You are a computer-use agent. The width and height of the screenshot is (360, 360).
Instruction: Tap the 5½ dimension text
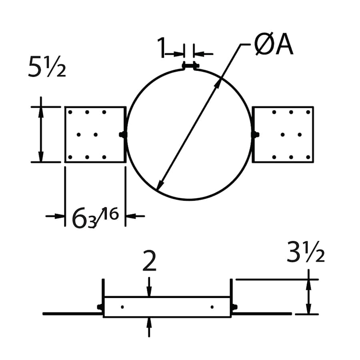(47, 66)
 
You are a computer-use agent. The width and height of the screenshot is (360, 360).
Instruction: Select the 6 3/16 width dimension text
(95, 218)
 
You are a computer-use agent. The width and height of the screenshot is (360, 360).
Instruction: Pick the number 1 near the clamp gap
(162, 47)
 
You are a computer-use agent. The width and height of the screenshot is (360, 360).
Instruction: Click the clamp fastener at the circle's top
(190, 66)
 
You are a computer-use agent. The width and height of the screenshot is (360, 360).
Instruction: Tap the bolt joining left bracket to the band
(123, 135)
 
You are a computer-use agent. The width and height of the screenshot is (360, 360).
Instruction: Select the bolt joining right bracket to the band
(255, 135)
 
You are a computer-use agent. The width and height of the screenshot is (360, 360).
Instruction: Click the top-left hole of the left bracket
(70, 112)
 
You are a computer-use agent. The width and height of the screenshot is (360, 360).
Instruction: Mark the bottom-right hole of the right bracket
(308, 157)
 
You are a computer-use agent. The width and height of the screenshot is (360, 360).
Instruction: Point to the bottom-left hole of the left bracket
(70, 157)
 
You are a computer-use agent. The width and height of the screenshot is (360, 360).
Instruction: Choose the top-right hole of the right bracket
(308, 112)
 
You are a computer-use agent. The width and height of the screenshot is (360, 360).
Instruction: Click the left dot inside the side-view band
(122, 307)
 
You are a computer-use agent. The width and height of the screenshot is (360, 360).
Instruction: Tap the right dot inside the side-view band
(212, 307)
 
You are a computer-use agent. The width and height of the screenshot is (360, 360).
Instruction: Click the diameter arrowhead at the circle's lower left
(160, 185)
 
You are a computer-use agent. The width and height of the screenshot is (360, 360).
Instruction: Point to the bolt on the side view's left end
(100, 307)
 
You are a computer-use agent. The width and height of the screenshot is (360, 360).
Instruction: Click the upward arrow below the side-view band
(149, 327)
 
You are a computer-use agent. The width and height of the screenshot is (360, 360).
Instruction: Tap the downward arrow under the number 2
(149, 287)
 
